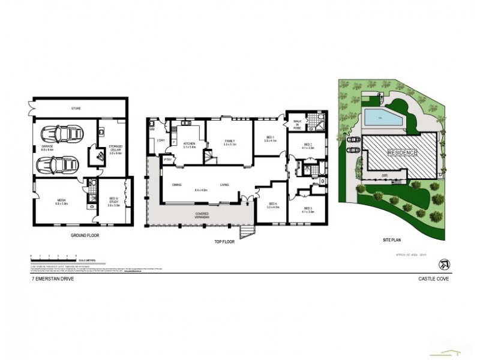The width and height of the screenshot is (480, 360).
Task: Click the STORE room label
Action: pyautogui.click(x=76, y=109)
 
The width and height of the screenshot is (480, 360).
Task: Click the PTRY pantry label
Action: pyautogui.click(x=167, y=160)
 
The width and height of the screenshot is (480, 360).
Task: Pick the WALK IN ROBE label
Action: pyautogui.click(x=296, y=125)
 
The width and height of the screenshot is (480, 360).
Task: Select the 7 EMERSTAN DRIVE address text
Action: pyautogui.click(x=53, y=280)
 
